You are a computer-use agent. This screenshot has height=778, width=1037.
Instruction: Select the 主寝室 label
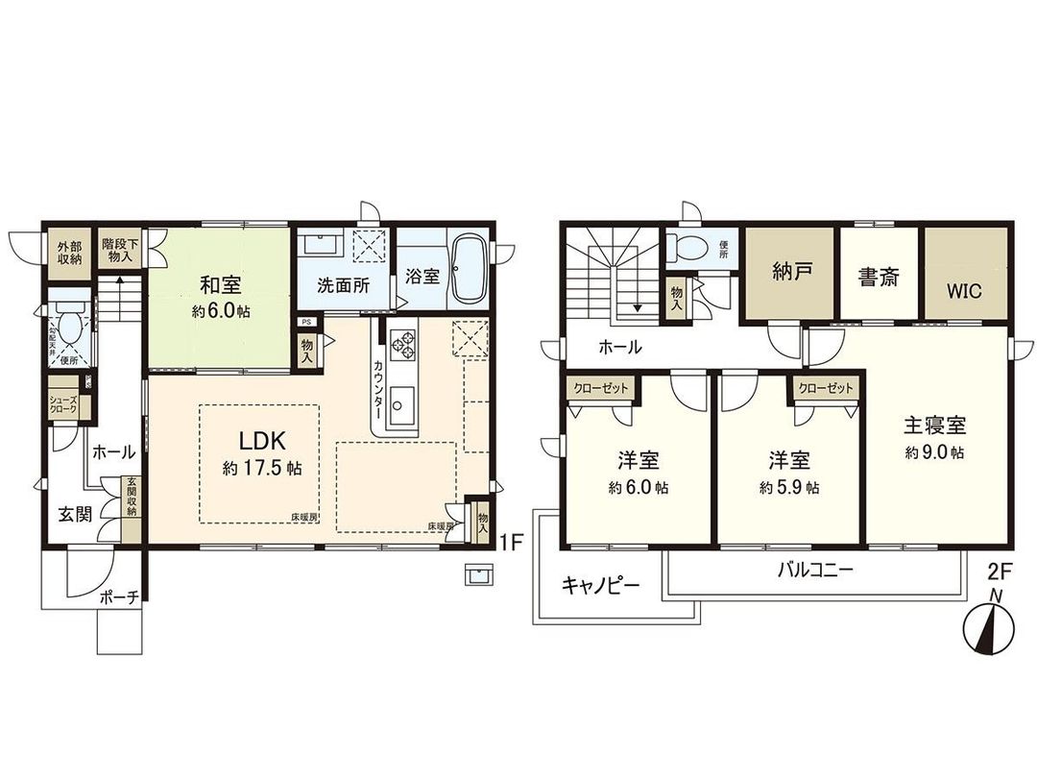pos(933,425)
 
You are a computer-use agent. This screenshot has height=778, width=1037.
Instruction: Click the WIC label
pos(966,291)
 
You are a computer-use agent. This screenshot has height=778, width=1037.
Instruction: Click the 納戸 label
pos(792,272)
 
